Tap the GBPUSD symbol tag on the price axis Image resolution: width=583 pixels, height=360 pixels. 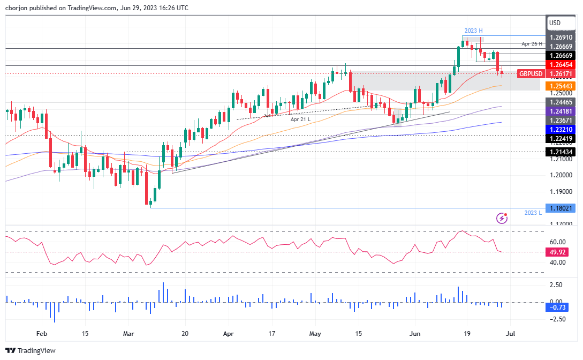click(x=531, y=73)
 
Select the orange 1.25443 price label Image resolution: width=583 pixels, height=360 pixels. click(x=560, y=86)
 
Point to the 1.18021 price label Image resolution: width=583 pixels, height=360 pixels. click(x=560, y=208)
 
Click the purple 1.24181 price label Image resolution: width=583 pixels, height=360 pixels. click(x=560, y=111)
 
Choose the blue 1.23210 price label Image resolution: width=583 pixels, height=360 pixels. click(x=560, y=130)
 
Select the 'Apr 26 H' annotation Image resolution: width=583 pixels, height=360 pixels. click(x=533, y=43)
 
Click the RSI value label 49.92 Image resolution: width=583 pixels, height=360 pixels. click(x=560, y=252)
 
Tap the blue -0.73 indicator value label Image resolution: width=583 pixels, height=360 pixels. click(x=560, y=307)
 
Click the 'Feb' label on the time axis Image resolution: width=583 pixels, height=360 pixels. click(x=42, y=333)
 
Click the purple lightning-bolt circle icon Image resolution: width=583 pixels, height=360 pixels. click(x=502, y=217)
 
